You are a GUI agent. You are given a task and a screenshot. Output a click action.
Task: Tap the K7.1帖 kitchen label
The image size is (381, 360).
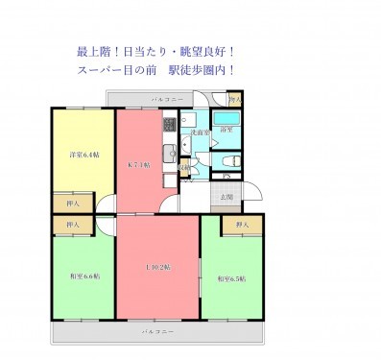pyautogui.click(x=140, y=164)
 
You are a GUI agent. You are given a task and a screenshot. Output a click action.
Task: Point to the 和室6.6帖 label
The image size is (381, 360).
pyautogui.click(x=83, y=277)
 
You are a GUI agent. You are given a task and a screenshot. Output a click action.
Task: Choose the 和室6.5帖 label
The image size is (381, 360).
pyautogui.click(x=231, y=278)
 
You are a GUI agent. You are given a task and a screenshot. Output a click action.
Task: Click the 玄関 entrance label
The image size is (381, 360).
pyautogui.click(x=226, y=197)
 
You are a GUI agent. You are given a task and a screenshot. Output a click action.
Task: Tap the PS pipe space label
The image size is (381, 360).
pyautogui.click(x=227, y=176)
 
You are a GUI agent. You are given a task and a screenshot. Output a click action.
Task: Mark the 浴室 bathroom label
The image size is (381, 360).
pyautogui.click(x=226, y=130)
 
